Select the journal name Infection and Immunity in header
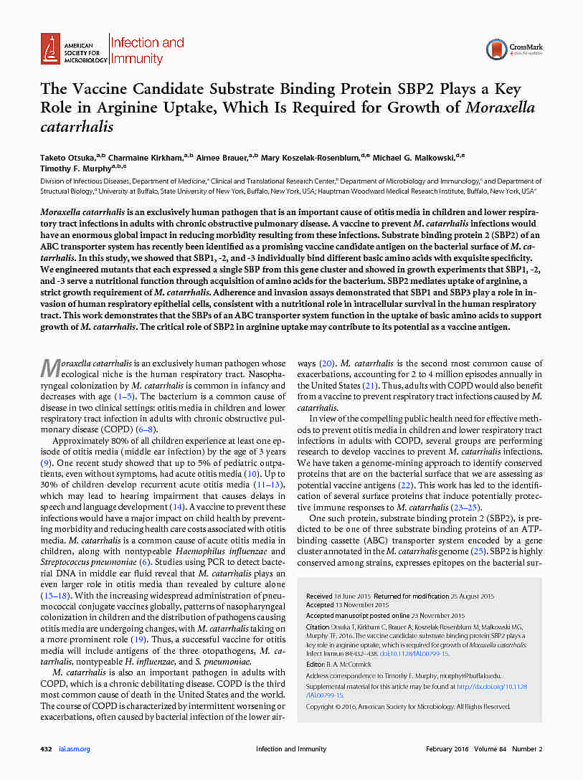[146, 50]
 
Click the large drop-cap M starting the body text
[48, 368]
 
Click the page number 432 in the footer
[46, 749]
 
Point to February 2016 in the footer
[447, 749]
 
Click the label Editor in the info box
[315, 665]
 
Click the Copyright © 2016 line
[407, 706]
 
